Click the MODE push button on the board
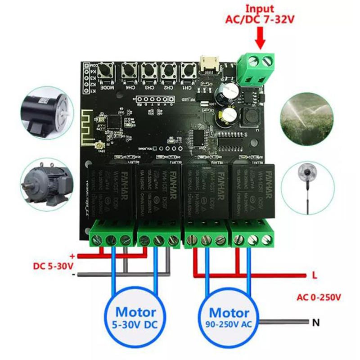[108, 72]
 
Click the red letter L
[314, 274]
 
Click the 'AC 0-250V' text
[318, 297]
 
